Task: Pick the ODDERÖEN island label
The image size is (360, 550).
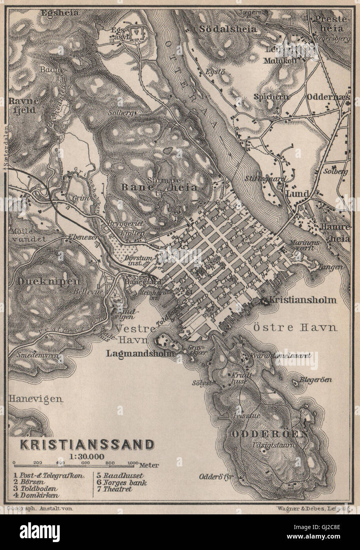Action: (x=269, y=434)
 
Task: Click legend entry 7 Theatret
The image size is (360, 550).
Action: (x=113, y=489)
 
